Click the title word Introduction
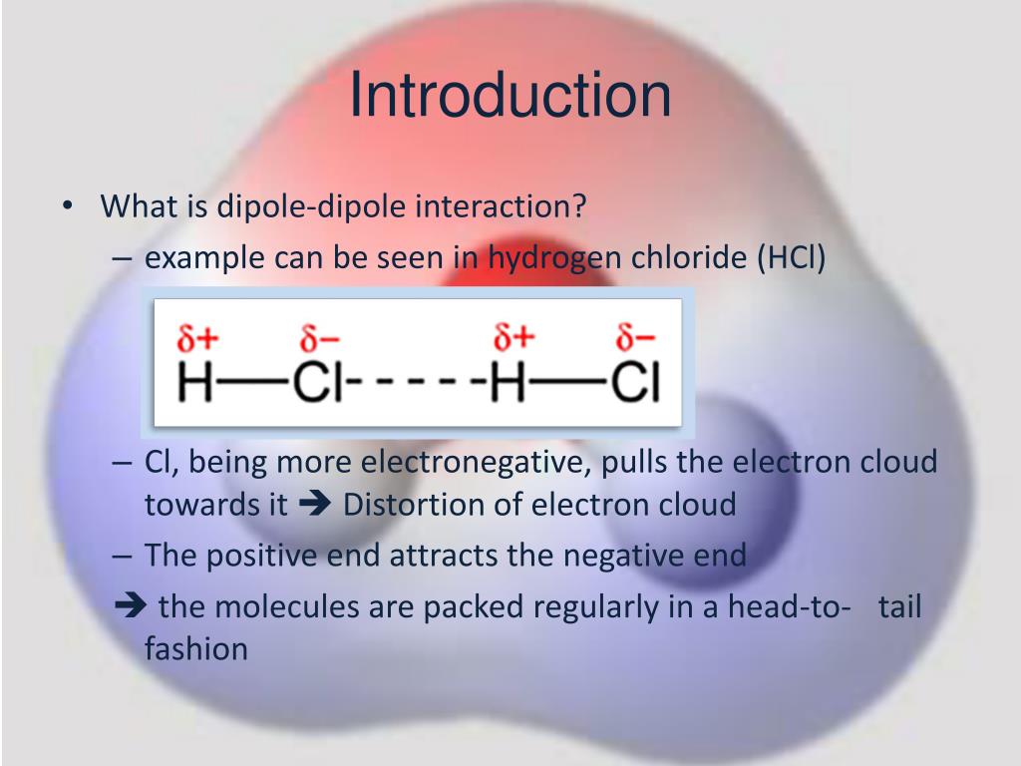(510, 97)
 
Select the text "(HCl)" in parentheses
(793, 257)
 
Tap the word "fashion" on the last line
(195, 649)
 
